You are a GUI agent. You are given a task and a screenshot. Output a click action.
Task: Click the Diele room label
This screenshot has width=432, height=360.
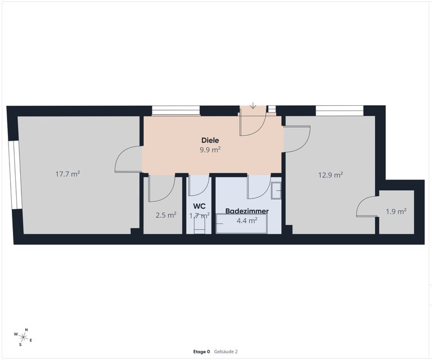tap(210, 140)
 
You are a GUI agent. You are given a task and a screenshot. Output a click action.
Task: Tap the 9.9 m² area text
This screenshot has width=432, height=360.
tap(210, 150)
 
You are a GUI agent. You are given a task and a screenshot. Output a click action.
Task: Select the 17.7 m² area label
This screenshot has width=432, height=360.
tap(67, 174)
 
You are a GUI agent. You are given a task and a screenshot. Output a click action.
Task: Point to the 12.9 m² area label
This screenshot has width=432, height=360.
tap(331, 175)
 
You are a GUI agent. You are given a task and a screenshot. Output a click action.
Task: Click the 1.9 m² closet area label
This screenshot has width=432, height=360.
tap(396, 211)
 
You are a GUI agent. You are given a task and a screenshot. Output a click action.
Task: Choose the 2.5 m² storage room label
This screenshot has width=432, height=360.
tap(166, 215)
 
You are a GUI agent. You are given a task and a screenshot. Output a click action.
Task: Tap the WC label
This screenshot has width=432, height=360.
tap(199, 206)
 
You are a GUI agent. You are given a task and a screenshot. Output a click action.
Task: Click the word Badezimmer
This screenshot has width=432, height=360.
tap(247, 211)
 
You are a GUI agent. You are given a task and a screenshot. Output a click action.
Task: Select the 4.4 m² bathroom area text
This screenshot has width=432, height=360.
tap(247, 220)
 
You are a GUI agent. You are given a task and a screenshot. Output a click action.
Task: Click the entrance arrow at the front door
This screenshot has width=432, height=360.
tap(253, 105)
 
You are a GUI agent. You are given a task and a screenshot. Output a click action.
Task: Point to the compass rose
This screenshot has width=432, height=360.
tap(24, 336)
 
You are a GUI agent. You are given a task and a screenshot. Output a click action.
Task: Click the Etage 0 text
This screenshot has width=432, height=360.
tap(201, 352)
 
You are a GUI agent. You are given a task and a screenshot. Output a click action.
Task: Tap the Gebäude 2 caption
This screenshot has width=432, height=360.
tap(226, 352)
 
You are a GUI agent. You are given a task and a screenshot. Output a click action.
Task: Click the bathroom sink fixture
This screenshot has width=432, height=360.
tap(276, 191)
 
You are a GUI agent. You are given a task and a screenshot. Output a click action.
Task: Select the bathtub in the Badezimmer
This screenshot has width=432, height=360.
tap(242, 224)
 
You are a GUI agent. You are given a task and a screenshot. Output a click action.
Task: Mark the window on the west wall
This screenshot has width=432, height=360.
tap(15, 175)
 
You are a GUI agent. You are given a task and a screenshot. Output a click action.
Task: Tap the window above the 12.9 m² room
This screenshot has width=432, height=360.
tap(339, 110)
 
